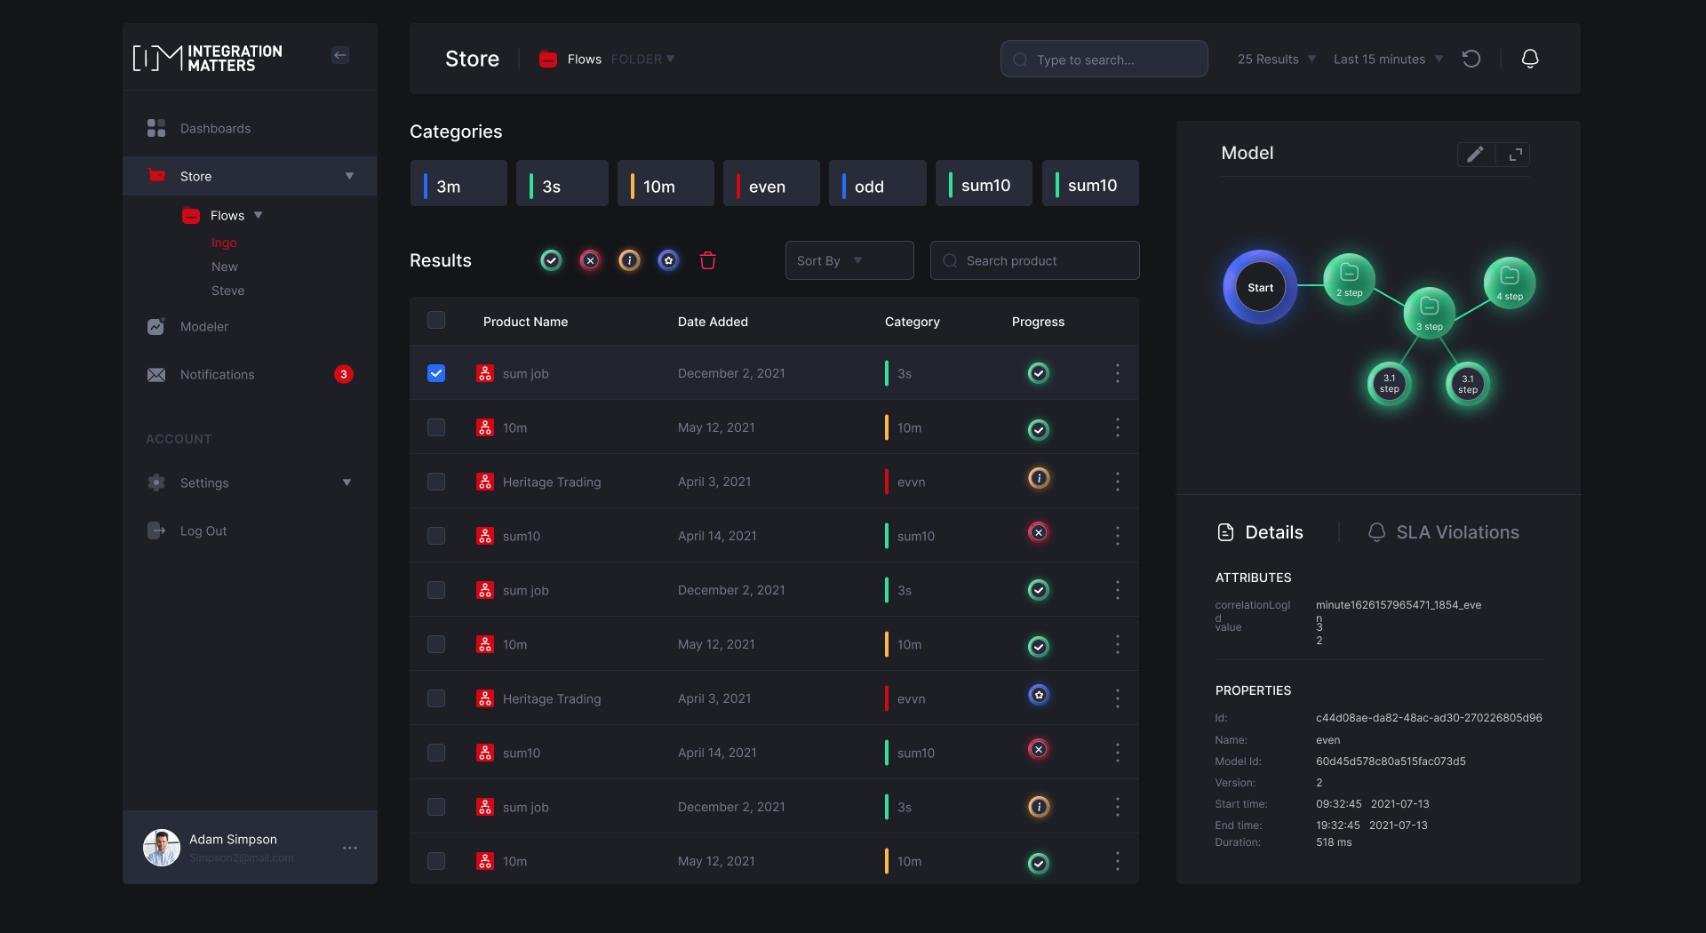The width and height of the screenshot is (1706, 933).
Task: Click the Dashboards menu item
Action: point(215,129)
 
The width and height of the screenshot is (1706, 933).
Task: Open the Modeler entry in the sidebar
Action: point(203,327)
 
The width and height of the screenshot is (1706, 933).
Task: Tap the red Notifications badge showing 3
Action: point(344,374)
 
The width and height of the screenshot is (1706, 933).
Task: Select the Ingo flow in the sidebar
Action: point(224,243)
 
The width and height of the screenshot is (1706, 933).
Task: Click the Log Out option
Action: point(203,531)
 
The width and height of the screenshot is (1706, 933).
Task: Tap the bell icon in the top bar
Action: point(1529,59)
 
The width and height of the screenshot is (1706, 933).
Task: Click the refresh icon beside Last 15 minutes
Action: point(1471,59)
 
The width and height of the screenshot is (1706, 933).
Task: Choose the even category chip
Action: point(770,185)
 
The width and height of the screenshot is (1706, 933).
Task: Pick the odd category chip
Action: point(876,185)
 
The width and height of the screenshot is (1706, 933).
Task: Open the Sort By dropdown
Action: point(849,260)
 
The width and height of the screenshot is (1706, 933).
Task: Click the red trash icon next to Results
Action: point(707,260)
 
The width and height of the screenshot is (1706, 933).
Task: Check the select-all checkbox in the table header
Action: point(436,320)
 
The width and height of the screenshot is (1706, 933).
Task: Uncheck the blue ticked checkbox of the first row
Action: point(436,373)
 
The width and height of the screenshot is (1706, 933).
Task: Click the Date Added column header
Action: point(713,322)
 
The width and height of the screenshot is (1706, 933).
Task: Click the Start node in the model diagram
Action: point(1260,287)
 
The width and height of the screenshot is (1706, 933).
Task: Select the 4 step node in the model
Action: point(1509,282)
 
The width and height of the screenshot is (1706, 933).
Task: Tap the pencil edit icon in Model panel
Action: point(1475,154)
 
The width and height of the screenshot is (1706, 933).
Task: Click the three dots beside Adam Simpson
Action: point(350,848)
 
